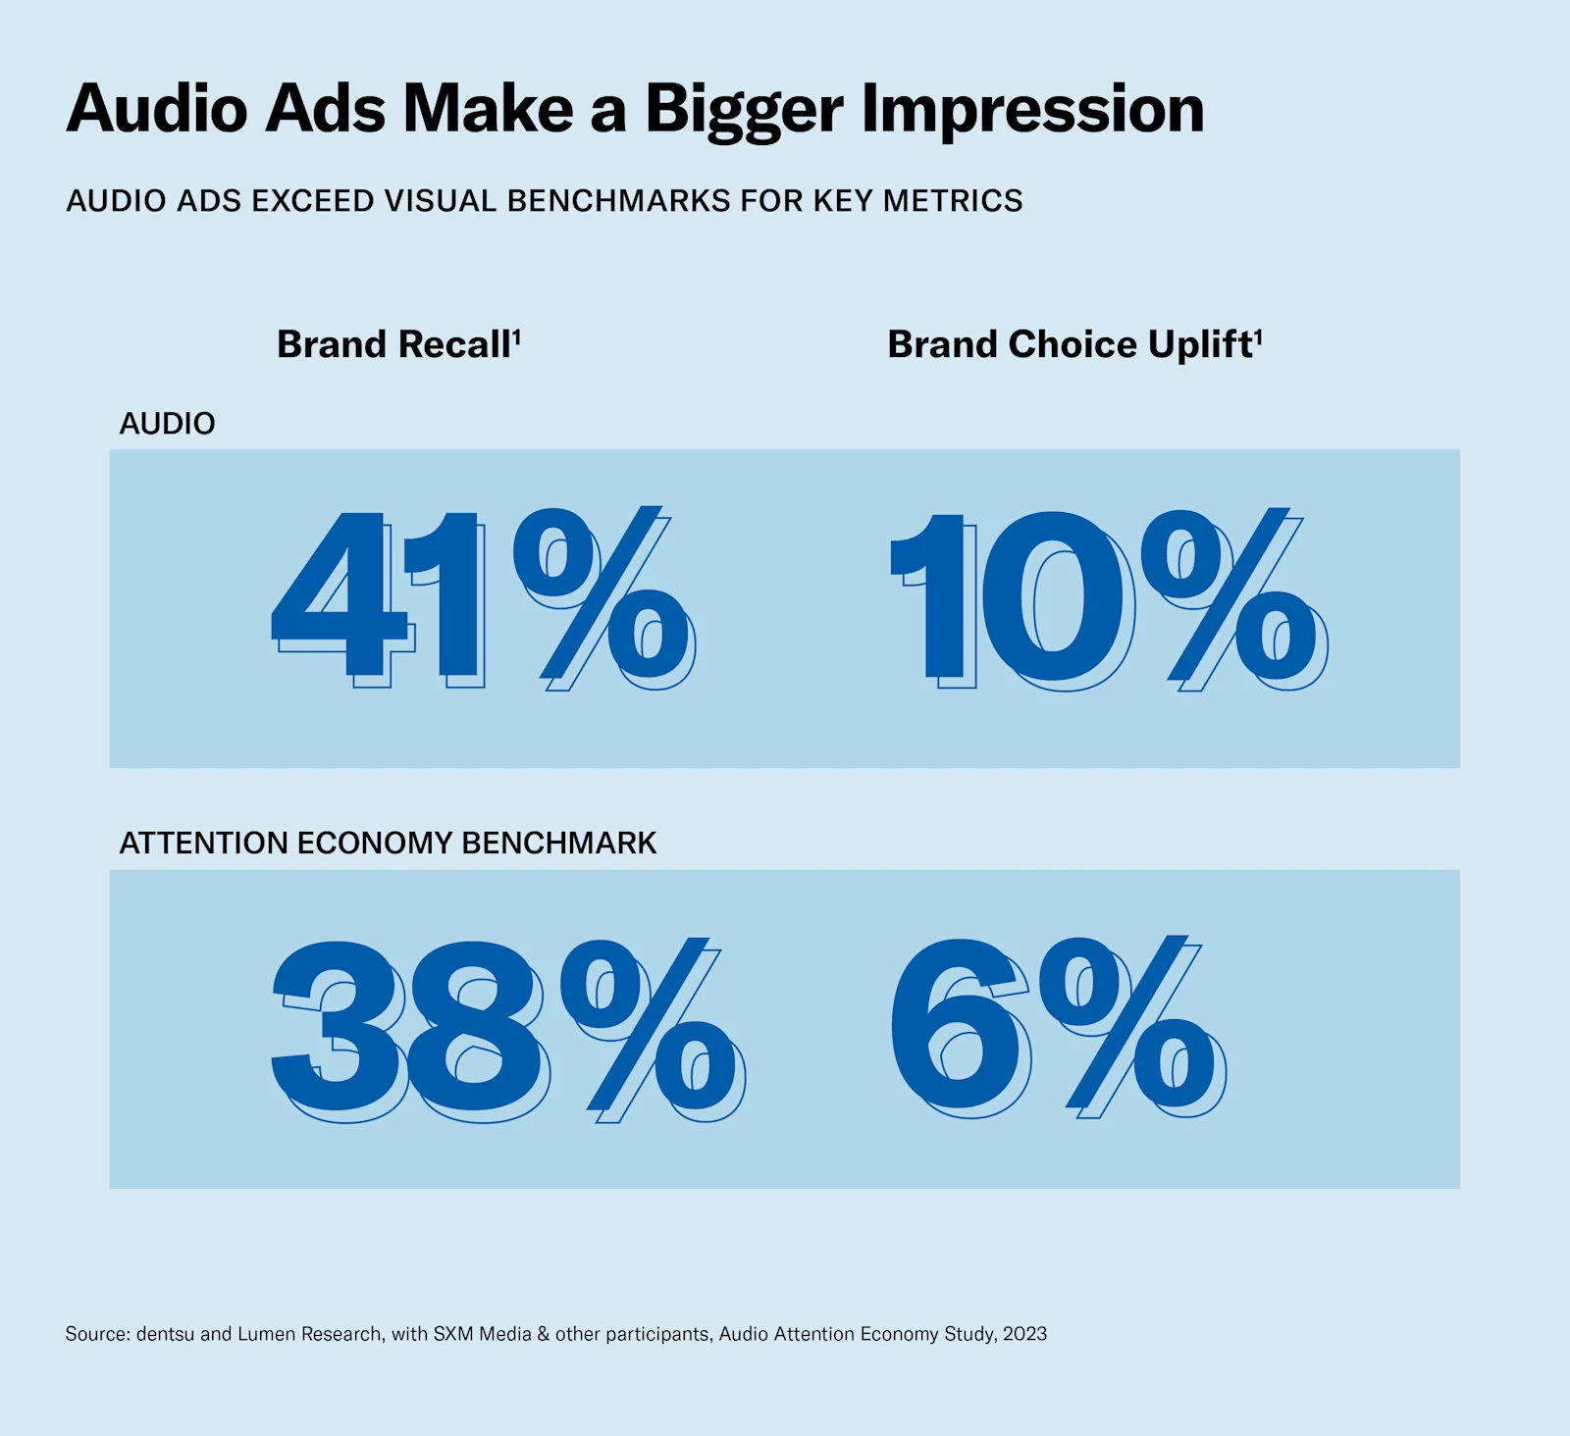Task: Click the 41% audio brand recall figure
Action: (481, 596)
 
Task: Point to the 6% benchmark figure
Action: (1056, 1024)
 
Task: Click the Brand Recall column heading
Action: (392, 344)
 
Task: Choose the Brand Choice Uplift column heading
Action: (1070, 344)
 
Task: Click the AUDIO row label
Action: (167, 424)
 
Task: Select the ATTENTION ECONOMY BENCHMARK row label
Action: (388, 843)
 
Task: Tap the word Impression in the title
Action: (1032, 110)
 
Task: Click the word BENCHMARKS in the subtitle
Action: (619, 201)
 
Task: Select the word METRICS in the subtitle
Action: (953, 201)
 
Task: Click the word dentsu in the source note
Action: (165, 1334)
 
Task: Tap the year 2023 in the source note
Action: (1024, 1334)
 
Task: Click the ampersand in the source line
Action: (543, 1334)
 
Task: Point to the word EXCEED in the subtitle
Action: (310, 201)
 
